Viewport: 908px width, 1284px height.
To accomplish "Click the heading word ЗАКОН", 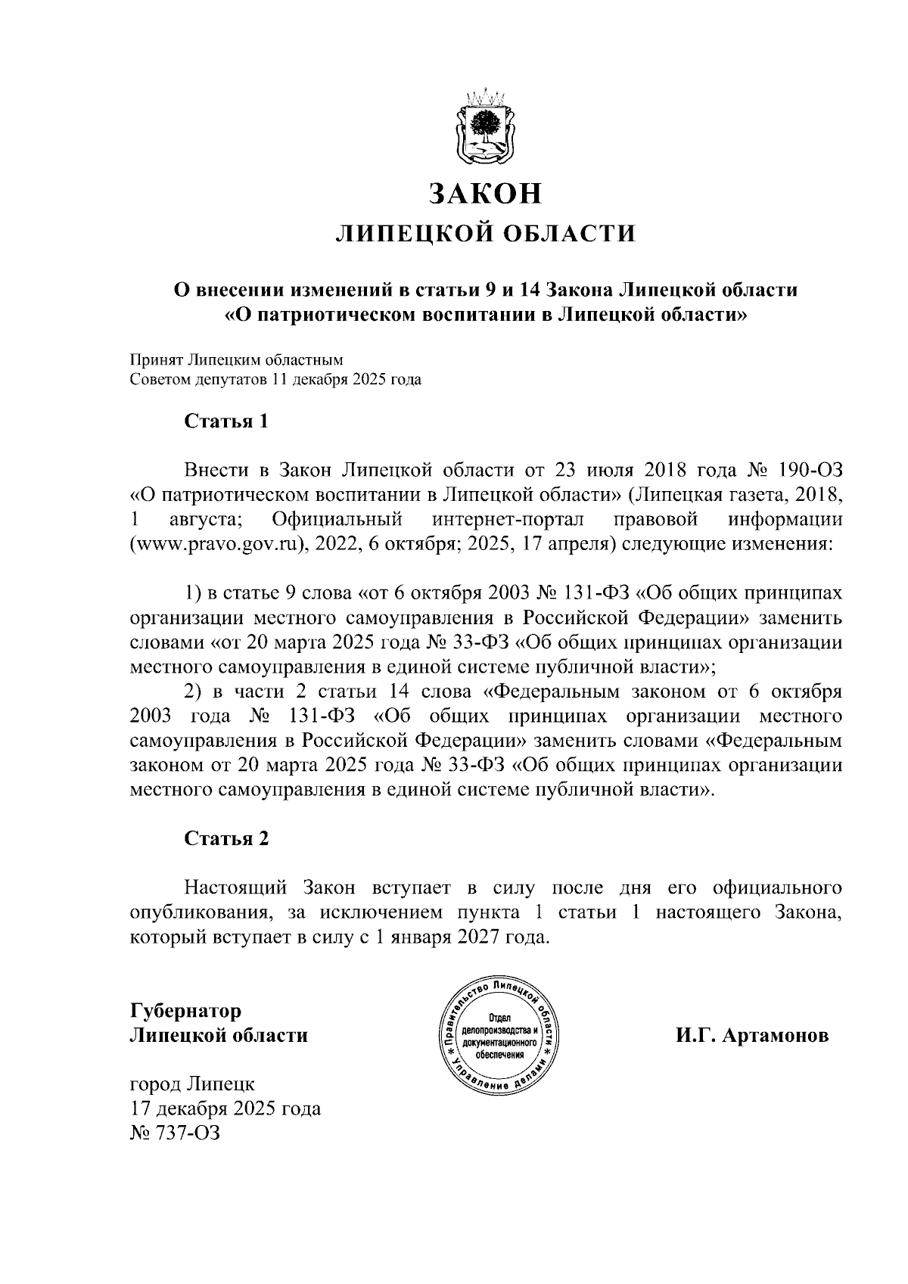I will coord(486,194).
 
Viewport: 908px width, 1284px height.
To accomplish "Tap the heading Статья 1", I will coord(226,421).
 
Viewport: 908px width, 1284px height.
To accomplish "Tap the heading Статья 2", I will coord(226,838).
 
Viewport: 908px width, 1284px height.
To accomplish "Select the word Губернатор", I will coord(186,1011).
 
